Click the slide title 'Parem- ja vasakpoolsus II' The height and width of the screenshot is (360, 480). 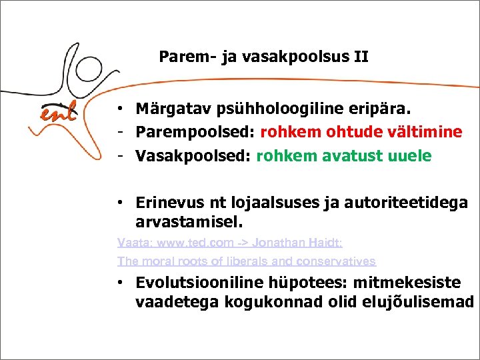click(263, 57)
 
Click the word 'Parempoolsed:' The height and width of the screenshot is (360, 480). click(196, 132)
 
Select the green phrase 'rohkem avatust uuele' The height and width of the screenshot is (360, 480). click(344, 156)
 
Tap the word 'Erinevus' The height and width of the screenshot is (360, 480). click(167, 202)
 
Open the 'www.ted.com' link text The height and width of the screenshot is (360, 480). click(185, 243)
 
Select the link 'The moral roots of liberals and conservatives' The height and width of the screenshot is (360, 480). click(247, 261)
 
